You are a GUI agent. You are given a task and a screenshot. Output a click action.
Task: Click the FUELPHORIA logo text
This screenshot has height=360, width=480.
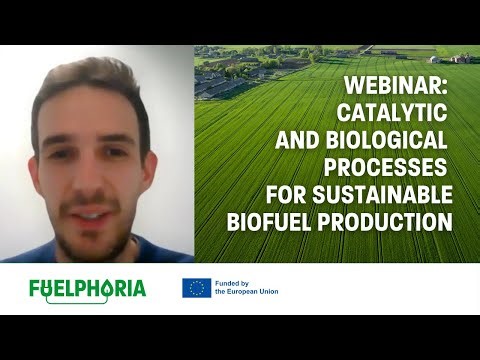tap(87, 289)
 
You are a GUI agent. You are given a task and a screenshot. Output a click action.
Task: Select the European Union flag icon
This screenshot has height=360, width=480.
tap(195, 288)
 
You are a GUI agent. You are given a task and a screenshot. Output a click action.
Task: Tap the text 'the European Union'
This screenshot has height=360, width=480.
tap(246, 293)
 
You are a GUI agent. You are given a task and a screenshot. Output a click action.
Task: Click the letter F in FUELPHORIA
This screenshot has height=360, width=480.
tap(36, 289)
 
